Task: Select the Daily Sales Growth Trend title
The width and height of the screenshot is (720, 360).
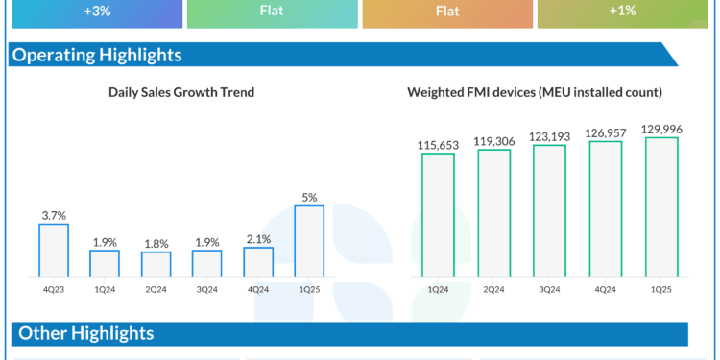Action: (181, 92)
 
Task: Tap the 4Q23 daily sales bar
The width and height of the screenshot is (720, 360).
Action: (54, 251)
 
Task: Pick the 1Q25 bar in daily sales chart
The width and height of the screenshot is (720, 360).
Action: (309, 241)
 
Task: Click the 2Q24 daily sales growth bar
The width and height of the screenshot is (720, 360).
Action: (156, 264)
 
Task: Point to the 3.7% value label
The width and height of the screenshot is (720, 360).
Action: (54, 216)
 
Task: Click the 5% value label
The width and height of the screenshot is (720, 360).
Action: (309, 197)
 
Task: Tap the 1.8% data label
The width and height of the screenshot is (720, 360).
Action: (156, 244)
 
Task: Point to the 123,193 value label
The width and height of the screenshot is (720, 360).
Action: (550, 136)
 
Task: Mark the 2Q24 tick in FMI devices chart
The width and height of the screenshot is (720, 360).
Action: (494, 288)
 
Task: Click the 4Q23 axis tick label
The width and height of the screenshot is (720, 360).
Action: (54, 288)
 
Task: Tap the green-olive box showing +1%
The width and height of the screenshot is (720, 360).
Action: (629, 12)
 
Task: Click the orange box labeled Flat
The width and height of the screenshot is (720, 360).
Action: (448, 12)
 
